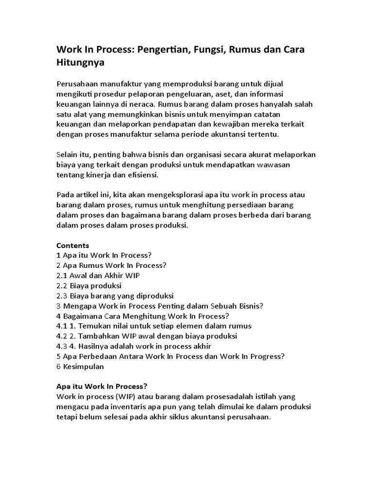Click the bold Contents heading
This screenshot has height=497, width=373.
pos(73,245)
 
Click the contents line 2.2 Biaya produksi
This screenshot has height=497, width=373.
pos(89,285)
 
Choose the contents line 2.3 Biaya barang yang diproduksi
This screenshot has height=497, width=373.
pos(115,296)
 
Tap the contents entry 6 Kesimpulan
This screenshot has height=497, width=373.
pos(80,366)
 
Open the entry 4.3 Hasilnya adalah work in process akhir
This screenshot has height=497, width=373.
pos(134,346)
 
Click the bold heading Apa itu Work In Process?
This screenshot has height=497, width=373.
pos(102,386)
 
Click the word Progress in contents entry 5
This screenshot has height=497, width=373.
pos(266,356)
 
